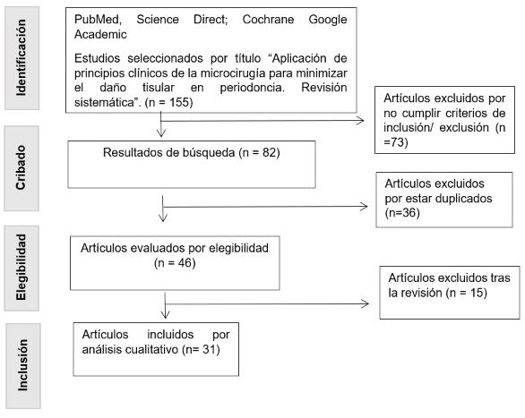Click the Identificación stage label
[x=21, y=57]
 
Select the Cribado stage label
[x=21, y=167]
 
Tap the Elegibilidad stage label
[x=21, y=268]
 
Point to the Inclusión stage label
[x=22, y=365]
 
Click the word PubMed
[x=98, y=20]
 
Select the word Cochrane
[x=268, y=20]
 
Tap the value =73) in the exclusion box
[x=396, y=142]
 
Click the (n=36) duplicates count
[x=402, y=213]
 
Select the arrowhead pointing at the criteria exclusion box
[x=360, y=121]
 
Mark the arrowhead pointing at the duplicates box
[x=364, y=207]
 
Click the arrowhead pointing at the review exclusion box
[x=365, y=303]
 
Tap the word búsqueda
[x=209, y=153]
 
